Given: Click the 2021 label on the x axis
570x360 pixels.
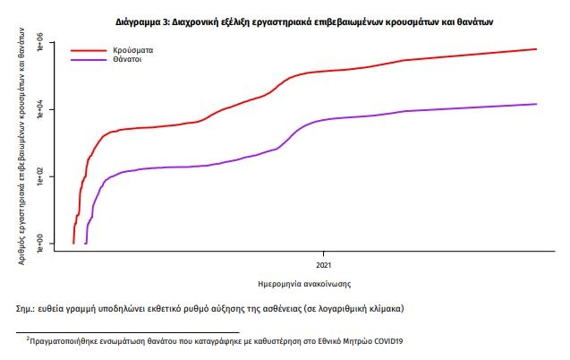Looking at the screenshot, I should click(325, 265).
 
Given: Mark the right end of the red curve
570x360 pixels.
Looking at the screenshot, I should click(537, 49).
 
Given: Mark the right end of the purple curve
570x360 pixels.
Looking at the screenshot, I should click(537, 104).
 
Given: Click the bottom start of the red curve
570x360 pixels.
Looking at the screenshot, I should click(72, 243).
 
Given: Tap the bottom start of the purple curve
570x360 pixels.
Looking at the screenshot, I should click(85, 243).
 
